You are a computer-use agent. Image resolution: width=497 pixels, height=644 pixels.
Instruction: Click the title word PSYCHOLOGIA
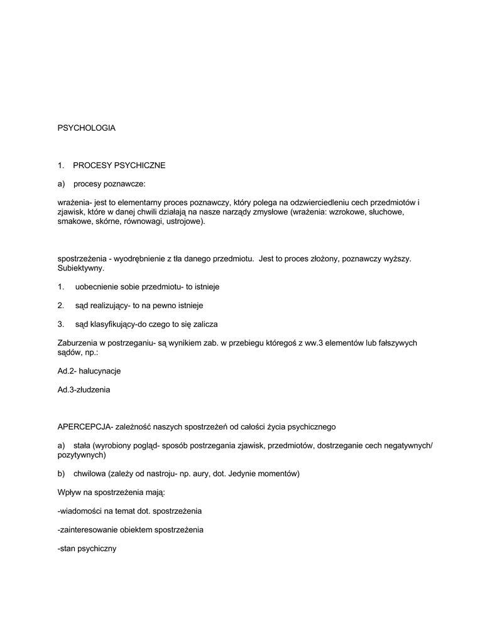tap(86, 128)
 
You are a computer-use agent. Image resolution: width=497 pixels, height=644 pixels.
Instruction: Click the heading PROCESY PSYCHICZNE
tap(119, 165)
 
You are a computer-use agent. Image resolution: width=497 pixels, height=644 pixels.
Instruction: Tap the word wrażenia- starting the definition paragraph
tap(74, 203)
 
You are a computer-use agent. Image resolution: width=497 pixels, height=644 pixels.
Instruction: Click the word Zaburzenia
tap(78, 343)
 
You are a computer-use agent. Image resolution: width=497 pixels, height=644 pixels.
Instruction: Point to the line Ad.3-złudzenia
tap(84, 390)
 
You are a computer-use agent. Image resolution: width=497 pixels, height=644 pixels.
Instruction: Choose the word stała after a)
tap(82, 445)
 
